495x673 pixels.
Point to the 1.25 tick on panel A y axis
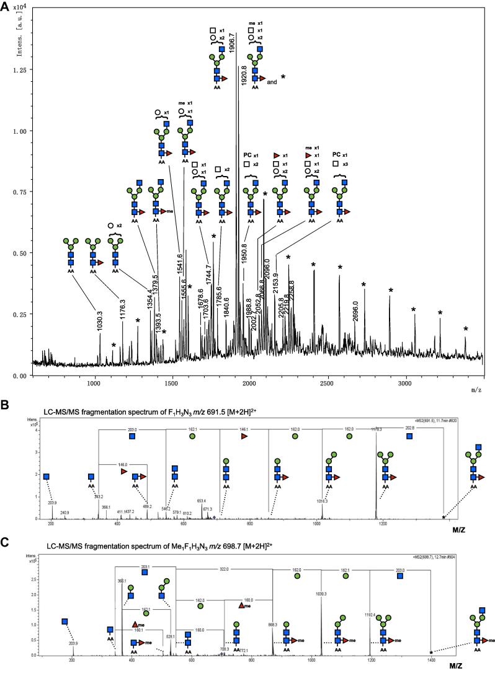click(x=22, y=70)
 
